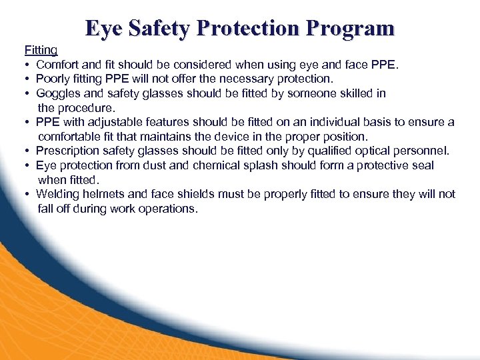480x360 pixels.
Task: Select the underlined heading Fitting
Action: [x=41, y=50]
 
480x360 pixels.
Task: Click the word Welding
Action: [x=57, y=194]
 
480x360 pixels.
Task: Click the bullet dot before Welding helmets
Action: [x=27, y=194]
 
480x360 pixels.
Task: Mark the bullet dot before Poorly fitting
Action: [x=27, y=79]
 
